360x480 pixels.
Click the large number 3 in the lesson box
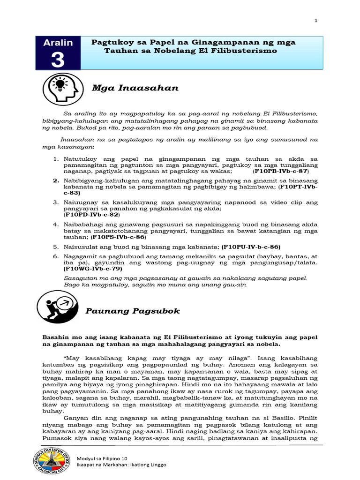(58, 60)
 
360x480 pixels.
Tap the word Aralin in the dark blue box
(58, 43)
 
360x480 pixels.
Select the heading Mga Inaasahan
(121, 88)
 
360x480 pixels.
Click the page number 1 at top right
(316, 21)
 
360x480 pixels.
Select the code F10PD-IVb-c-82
(91, 214)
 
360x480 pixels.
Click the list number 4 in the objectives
(55, 225)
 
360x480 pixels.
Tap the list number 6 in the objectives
(55, 256)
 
